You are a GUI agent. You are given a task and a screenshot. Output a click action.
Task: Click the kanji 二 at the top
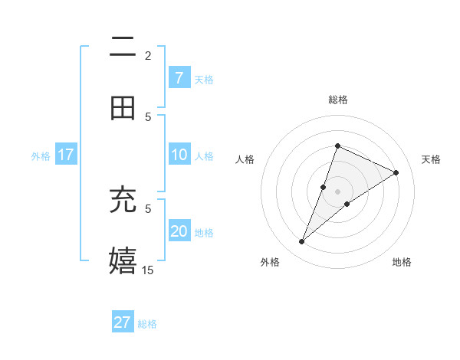[x=123, y=48]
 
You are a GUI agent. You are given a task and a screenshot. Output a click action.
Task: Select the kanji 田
[x=123, y=108]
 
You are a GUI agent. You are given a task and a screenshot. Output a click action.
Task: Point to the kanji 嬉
[x=123, y=260]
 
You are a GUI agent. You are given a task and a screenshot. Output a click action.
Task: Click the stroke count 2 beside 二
[x=148, y=56]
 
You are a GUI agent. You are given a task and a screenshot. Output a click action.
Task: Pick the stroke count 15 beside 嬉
[x=147, y=270]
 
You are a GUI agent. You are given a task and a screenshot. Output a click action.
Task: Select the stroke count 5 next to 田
[x=148, y=116]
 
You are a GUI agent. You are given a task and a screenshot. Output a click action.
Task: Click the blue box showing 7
[x=179, y=78]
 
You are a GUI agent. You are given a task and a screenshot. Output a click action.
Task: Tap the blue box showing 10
[x=179, y=155]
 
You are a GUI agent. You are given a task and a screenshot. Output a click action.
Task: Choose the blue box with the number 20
[x=179, y=231]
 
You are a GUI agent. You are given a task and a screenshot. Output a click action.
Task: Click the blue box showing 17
[x=66, y=155]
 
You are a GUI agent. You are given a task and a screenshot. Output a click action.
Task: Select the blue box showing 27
[x=123, y=322]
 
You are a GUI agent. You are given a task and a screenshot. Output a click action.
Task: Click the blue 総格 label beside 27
[x=147, y=324]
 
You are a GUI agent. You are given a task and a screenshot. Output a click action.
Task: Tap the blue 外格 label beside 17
[x=41, y=156]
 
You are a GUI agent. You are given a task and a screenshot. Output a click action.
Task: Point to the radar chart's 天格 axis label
[x=431, y=159]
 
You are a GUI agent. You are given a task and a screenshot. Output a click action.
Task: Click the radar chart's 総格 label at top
[x=337, y=100]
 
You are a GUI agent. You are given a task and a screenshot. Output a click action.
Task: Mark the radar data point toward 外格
[x=302, y=242]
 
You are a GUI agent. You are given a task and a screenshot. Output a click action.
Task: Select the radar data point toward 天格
[x=396, y=173]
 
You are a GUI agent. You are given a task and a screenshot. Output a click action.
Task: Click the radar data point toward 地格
[x=347, y=204]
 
